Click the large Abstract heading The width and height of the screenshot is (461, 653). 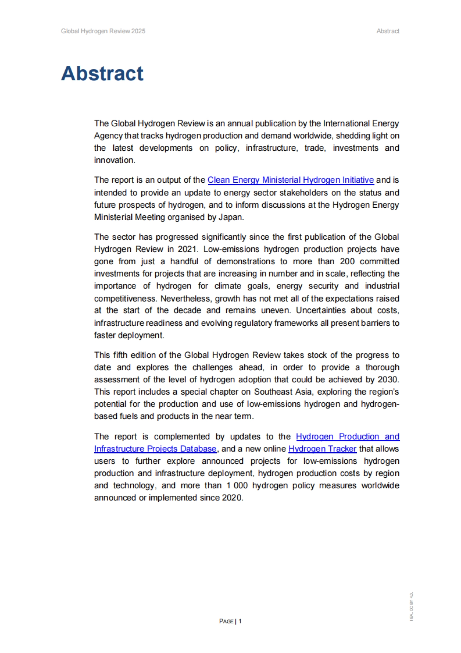point(102,73)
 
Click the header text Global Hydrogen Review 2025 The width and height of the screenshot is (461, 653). point(103,31)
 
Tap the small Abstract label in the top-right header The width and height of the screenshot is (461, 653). point(388,31)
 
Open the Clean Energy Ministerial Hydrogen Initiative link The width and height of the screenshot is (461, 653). point(290,180)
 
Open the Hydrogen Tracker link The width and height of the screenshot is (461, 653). point(322,449)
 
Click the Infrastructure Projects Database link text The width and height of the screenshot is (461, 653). point(155,449)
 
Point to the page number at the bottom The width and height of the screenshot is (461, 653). point(230,621)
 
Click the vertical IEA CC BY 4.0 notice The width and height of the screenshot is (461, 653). point(411,606)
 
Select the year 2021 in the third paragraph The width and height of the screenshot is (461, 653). point(187,249)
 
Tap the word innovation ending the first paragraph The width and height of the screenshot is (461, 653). point(114,160)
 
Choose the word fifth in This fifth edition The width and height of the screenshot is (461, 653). point(120,355)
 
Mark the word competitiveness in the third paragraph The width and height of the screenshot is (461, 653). point(125,298)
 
